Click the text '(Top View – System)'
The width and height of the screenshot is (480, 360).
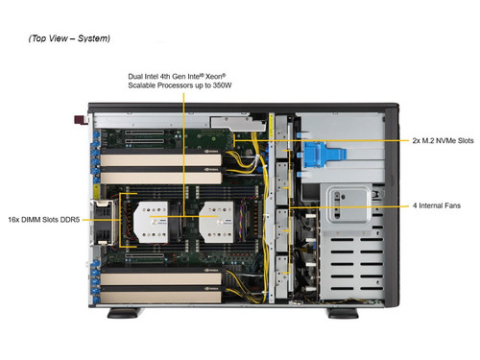(70, 38)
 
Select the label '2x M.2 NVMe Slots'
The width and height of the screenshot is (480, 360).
(443, 141)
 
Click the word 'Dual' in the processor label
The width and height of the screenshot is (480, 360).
(135, 76)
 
